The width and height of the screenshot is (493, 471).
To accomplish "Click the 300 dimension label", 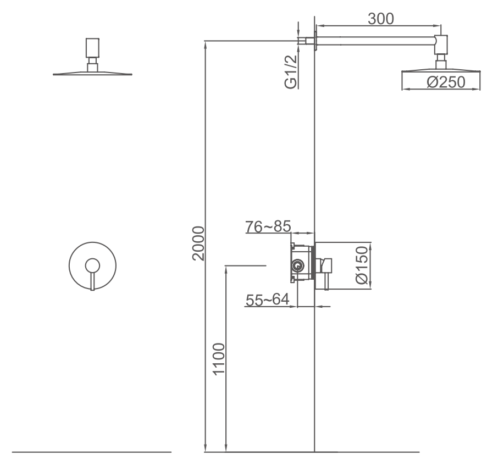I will click(x=381, y=18).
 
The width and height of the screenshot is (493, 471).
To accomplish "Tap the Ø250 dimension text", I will click(x=445, y=82).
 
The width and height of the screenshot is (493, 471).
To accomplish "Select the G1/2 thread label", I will click(x=290, y=70).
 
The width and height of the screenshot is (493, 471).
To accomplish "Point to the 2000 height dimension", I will click(x=198, y=242).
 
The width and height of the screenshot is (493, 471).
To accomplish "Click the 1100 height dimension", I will click(x=219, y=359).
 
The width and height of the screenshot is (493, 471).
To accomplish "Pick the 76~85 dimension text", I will click(x=268, y=226).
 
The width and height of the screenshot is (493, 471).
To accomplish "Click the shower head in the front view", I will click(x=93, y=72).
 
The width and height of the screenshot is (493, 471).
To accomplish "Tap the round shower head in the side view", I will click(x=441, y=71).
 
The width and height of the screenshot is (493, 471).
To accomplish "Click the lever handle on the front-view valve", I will click(x=92, y=275).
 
